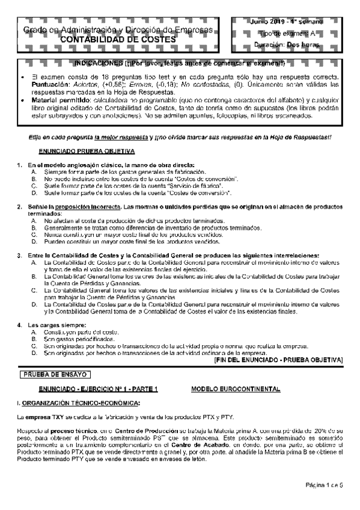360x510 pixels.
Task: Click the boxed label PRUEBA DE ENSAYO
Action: coord(46,374)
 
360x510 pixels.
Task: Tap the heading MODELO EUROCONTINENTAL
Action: coord(235,389)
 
